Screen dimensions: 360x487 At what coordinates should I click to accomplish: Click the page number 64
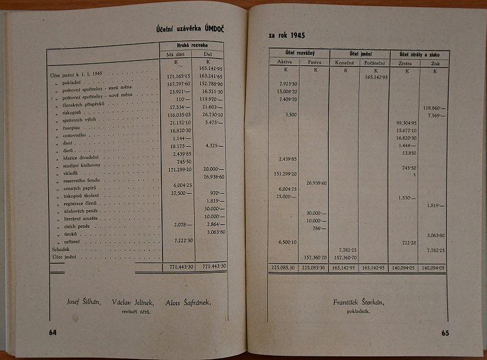point(53,331)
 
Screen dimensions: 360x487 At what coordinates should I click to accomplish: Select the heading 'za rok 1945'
point(288,35)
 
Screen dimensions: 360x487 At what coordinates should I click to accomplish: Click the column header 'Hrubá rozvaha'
point(191,45)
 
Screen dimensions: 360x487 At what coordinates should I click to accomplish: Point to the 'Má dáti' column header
point(175,54)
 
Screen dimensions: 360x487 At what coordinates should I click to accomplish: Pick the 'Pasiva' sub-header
point(314,62)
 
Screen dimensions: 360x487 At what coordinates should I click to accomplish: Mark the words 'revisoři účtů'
point(136,312)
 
